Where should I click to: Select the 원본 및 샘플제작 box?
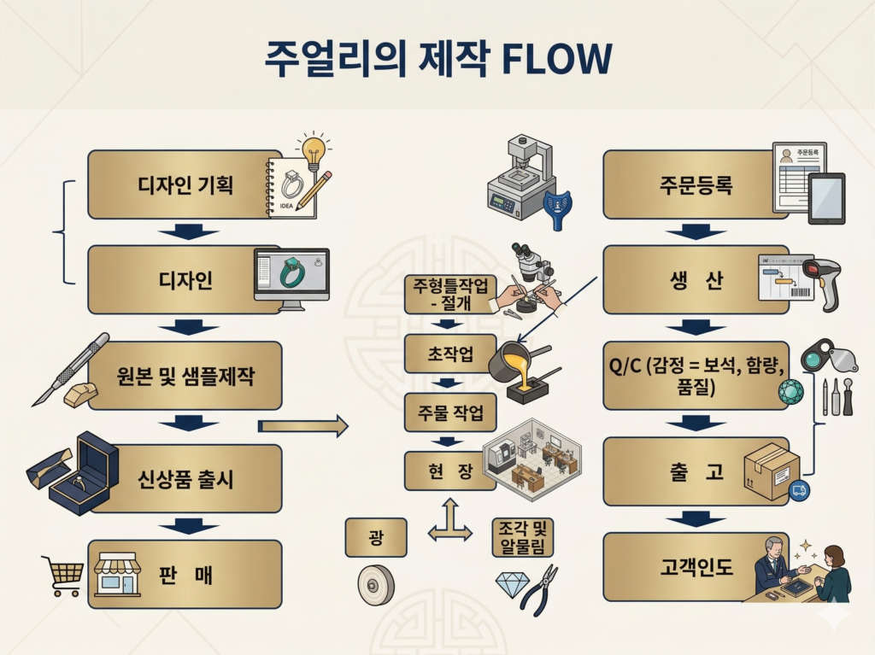pyautogui.click(x=185, y=376)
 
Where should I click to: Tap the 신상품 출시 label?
pyautogui.click(x=185, y=478)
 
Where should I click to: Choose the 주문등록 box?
pyautogui.click(x=695, y=184)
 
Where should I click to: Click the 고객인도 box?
pyautogui.click(x=695, y=566)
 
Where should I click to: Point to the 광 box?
pyautogui.click(x=376, y=538)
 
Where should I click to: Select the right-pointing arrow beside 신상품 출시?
pyautogui.click(x=303, y=425)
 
